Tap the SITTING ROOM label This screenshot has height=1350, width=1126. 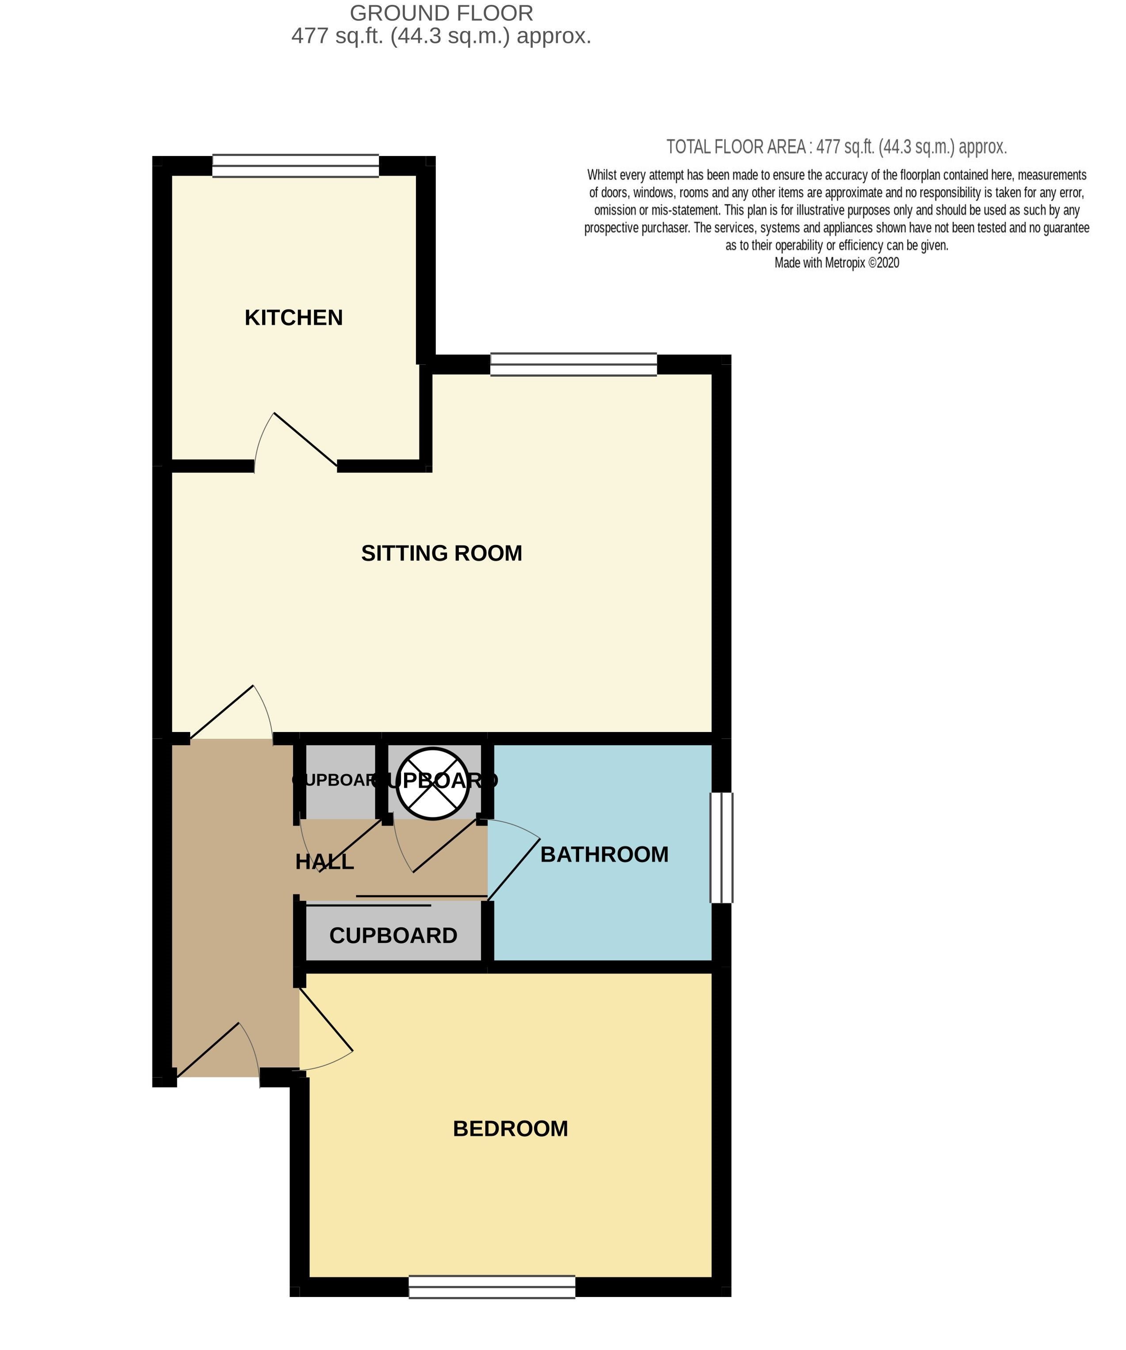pyautogui.click(x=441, y=553)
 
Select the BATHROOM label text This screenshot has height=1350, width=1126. pyautogui.click(x=604, y=854)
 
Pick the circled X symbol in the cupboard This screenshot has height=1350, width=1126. pyautogui.click(x=433, y=784)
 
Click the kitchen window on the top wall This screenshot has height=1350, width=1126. pyautogui.click(x=296, y=165)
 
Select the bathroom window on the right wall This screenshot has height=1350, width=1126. pyautogui.click(x=721, y=847)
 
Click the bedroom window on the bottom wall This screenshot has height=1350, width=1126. pyautogui.click(x=492, y=1287)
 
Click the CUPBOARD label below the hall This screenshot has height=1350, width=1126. pyautogui.click(x=393, y=935)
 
